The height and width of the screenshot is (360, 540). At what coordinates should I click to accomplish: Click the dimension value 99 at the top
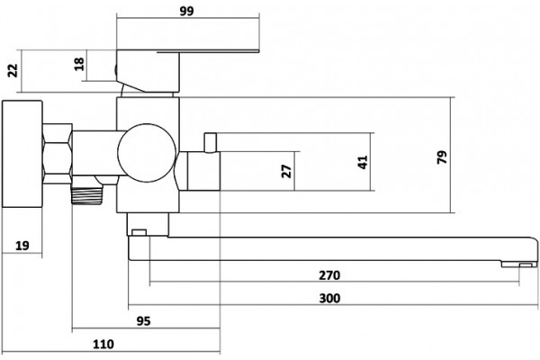pos(186,11)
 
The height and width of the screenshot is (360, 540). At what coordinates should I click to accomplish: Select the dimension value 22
pos(13,70)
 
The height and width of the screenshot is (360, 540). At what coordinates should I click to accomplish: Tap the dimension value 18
pos(79,64)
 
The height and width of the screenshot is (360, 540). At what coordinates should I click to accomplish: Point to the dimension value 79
pos(442,157)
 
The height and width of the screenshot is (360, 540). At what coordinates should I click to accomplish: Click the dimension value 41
pos(363,162)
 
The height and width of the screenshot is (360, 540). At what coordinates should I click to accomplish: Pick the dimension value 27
pos(286,171)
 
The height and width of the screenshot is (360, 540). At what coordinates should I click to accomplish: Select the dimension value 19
pos(22,246)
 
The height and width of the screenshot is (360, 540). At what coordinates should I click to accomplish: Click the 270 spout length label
pos(329,275)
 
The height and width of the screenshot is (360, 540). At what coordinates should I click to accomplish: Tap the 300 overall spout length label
pos(329,298)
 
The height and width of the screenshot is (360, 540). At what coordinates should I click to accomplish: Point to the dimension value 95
pos(144,321)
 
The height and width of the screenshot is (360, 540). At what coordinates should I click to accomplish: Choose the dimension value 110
pos(103,344)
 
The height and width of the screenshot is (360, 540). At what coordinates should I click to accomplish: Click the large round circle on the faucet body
pos(147,153)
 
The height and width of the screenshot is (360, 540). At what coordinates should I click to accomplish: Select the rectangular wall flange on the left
pos(22,154)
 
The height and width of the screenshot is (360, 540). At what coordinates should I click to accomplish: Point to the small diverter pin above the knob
pos(210,142)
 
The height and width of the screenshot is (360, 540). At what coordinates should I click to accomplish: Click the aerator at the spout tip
pos(519,265)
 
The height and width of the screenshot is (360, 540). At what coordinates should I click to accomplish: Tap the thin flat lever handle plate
pos(208,51)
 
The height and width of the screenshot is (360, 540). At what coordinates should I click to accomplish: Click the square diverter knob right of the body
pos(203,171)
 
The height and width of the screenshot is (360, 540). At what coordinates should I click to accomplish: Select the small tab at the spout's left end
pos(139,232)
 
